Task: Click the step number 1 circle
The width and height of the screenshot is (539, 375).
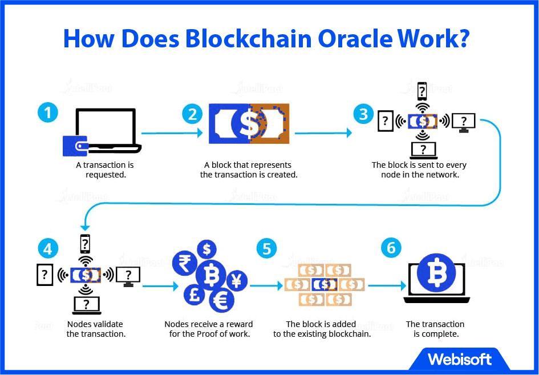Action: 48,112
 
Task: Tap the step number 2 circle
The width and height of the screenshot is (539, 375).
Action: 192,114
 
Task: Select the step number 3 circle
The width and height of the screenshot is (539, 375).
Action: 363,114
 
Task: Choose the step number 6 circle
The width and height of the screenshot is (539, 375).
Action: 391,248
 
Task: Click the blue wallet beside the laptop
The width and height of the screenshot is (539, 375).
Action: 75,146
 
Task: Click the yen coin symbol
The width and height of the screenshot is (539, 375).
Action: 236,280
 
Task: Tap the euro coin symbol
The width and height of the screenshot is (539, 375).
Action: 221,300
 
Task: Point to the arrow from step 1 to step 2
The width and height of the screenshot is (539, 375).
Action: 172,133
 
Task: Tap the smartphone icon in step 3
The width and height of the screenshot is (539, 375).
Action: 422,91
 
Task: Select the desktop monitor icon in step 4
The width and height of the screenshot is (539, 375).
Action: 128,276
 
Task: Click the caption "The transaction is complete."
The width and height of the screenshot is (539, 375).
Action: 436,329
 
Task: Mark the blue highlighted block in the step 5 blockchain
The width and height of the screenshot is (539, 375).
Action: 325,284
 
